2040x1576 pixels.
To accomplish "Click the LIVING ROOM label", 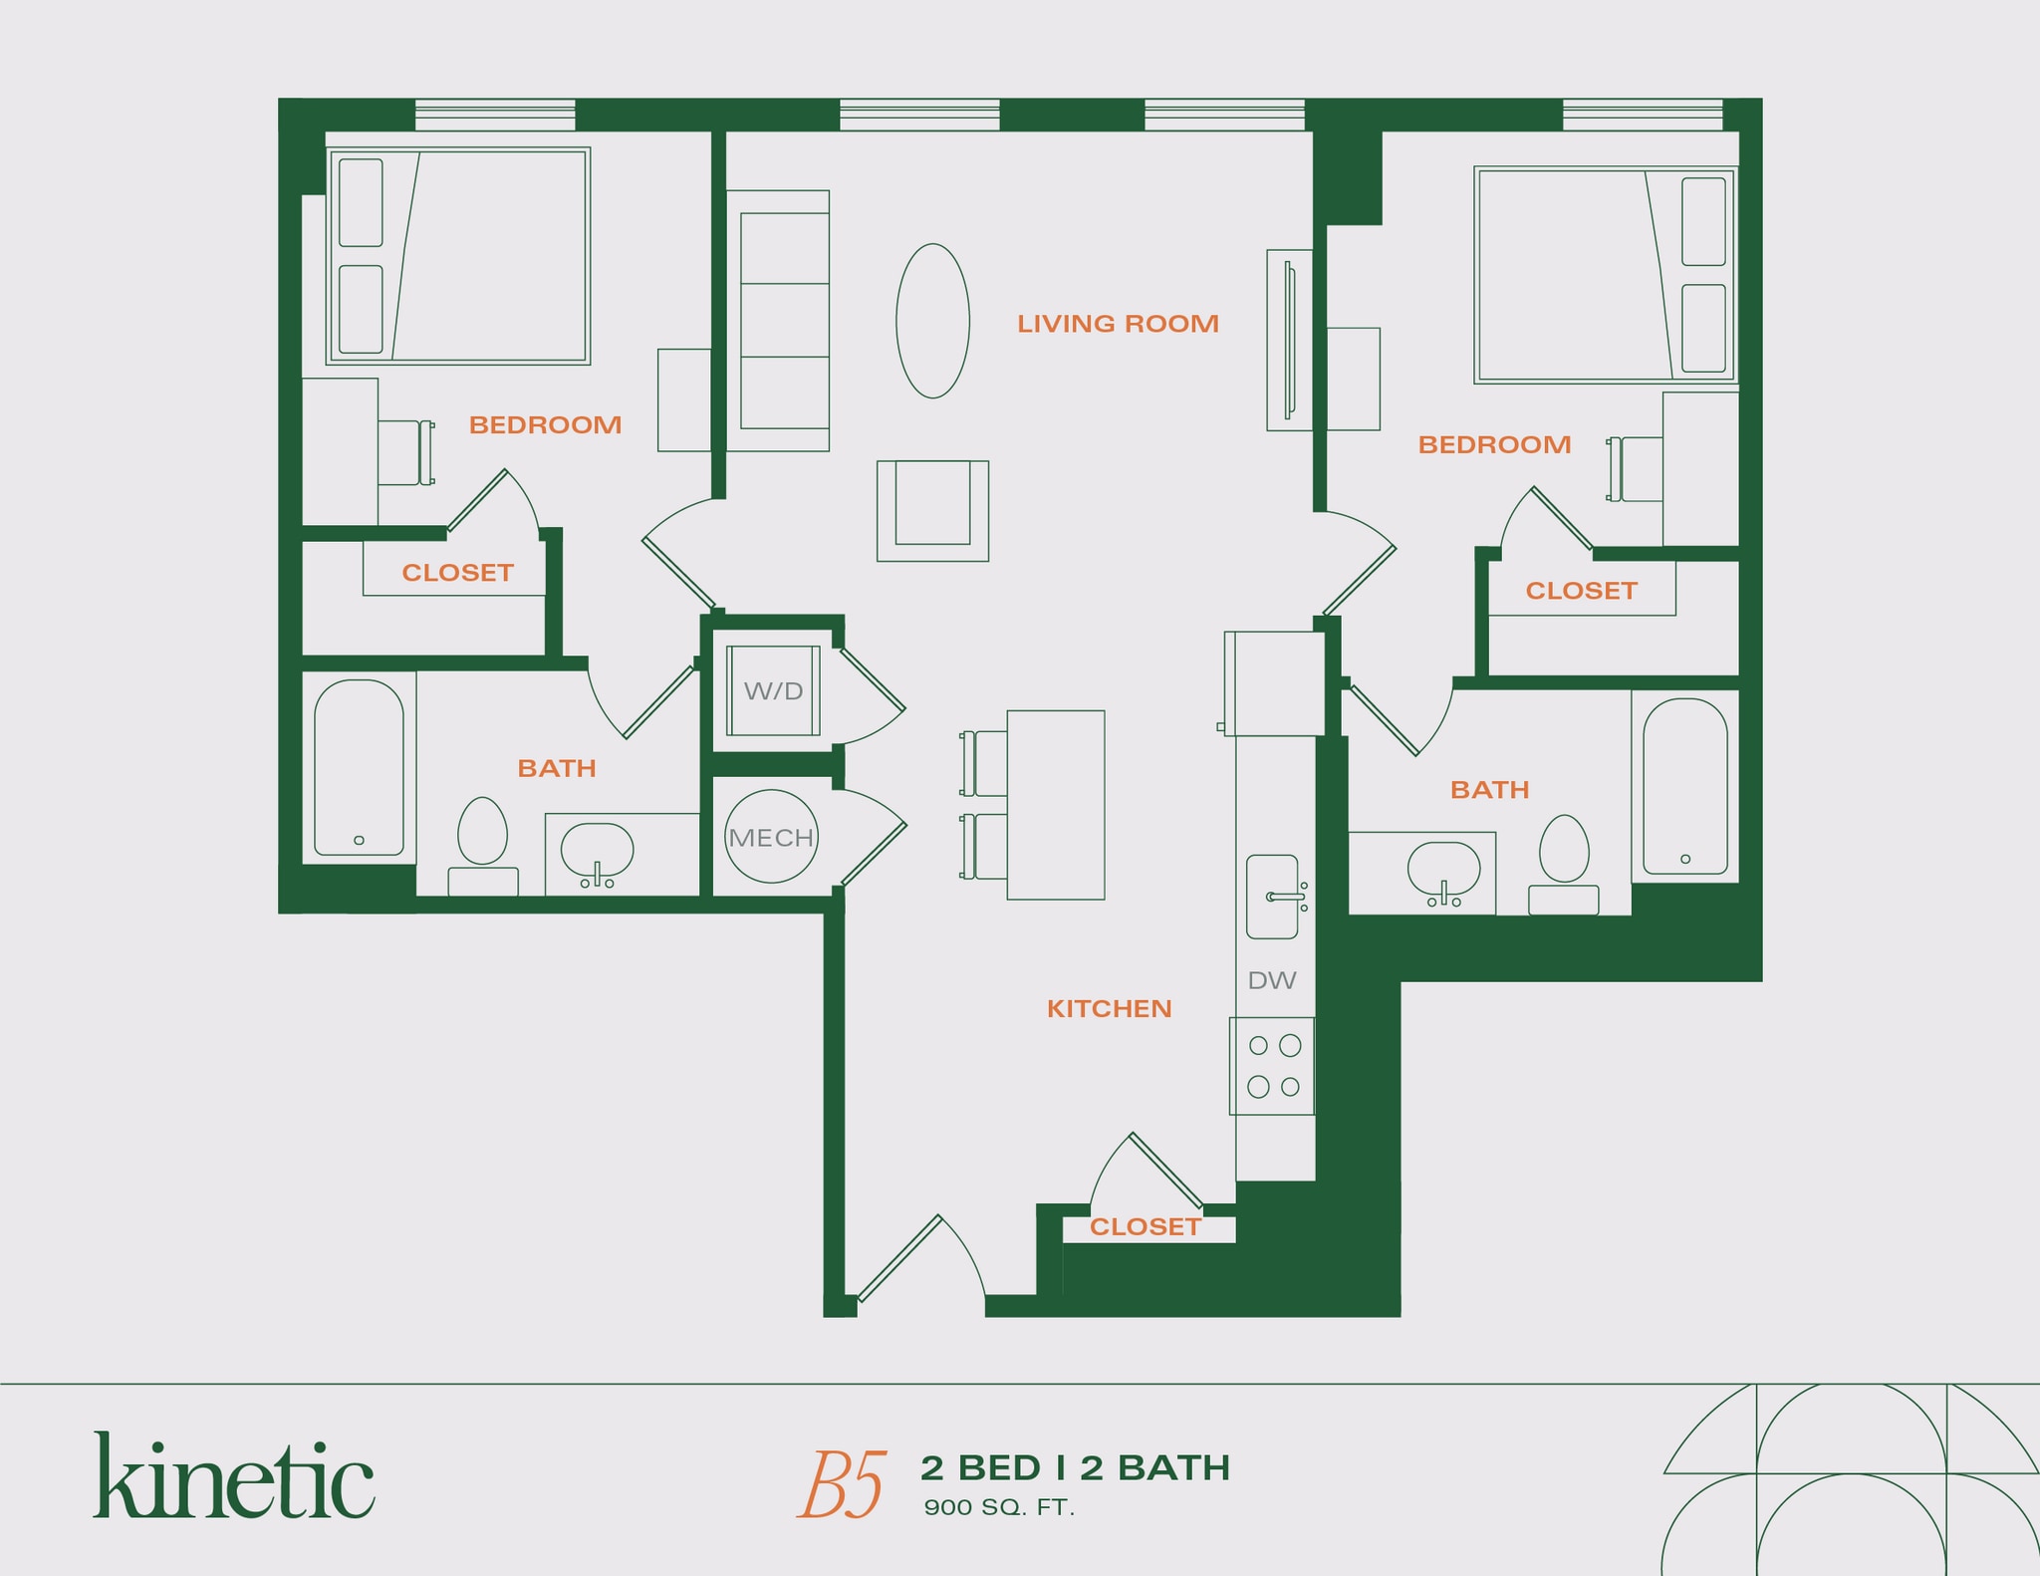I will click(1118, 324).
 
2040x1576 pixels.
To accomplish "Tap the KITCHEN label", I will click(1109, 1009).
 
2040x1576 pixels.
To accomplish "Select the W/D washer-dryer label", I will click(773, 691).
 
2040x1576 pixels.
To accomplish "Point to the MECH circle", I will click(771, 837).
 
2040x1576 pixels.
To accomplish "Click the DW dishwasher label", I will click(1272, 980).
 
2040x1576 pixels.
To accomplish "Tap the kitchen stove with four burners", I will click(1273, 1066).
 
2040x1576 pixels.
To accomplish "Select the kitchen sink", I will click(1273, 897).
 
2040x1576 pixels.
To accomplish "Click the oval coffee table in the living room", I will click(932, 321).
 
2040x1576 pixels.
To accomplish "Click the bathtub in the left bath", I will click(359, 767).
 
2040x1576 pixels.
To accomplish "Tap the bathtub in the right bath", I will click(1685, 787).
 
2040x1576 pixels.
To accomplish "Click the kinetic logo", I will click(234, 1476).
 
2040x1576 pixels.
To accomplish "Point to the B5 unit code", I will click(842, 1484).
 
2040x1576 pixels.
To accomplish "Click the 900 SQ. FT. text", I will click(999, 1507).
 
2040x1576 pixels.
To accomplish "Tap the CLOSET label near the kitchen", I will click(1145, 1226).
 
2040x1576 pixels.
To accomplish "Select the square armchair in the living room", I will click(932, 510).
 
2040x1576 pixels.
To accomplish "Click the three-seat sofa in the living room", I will click(779, 321).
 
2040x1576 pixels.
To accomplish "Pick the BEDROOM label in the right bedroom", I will click(1494, 445).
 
